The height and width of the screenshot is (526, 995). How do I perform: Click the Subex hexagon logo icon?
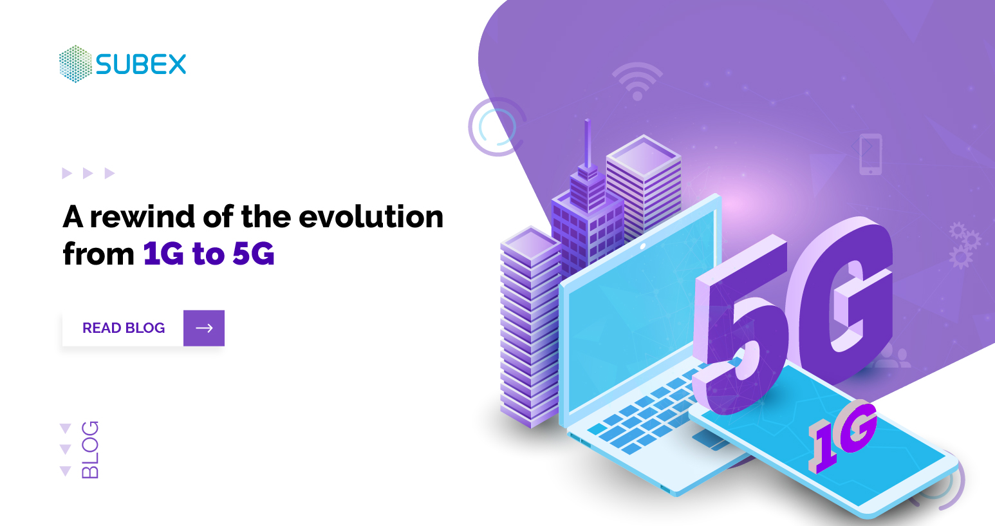75,64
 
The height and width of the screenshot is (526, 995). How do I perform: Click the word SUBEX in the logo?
141,64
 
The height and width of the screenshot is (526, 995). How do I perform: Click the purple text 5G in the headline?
254,254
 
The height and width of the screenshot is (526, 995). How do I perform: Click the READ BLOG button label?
124,328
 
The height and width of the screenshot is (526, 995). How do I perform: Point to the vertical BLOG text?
90,449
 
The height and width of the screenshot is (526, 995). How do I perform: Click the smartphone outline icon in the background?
870,154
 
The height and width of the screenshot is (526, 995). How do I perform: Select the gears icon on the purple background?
963,245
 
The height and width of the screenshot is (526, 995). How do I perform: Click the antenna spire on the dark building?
587,145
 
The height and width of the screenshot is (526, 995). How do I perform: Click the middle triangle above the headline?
88,173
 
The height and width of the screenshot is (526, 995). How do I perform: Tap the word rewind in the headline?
142,216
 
